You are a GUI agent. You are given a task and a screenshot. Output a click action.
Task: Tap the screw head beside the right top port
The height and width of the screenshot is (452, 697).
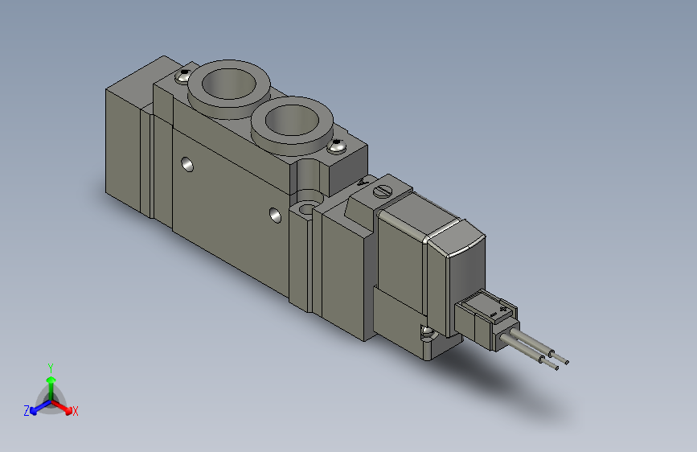click(337, 146)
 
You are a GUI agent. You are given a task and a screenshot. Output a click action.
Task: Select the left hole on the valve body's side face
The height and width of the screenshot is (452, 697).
click(187, 165)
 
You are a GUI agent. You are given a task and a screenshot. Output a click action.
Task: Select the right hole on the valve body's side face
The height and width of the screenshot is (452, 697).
click(276, 215)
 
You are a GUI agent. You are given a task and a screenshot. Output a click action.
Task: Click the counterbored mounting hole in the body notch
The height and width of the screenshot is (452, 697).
click(306, 210)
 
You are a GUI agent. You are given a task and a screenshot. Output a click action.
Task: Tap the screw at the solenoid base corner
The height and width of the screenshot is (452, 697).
click(426, 331)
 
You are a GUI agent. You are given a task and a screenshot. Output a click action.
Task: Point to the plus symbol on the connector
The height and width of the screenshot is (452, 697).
click(504, 307)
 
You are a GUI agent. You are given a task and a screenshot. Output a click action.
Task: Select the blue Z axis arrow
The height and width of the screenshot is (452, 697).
click(36, 409)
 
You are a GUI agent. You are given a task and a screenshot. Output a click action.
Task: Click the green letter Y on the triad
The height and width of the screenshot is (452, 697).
click(51, 366)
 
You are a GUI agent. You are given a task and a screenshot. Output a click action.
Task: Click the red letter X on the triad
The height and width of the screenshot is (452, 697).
click(76, 411)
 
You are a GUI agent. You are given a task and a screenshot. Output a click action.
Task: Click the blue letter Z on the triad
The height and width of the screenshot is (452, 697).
click(27, 410)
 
